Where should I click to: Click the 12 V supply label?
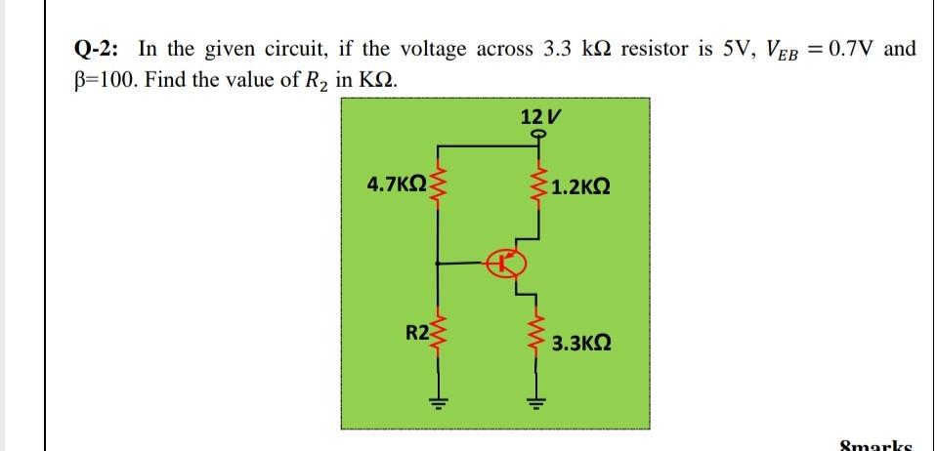tap(537, 117)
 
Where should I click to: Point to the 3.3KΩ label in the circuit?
tap(582, 344)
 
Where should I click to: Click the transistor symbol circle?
tap(507, 263)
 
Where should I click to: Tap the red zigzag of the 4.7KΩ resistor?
tap(438, 182)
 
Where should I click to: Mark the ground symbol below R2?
tap(438, 400)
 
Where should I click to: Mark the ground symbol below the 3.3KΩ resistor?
tap(536, 400)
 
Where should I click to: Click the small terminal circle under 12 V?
tap(537, 138)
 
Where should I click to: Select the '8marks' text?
tap(876, 444)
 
